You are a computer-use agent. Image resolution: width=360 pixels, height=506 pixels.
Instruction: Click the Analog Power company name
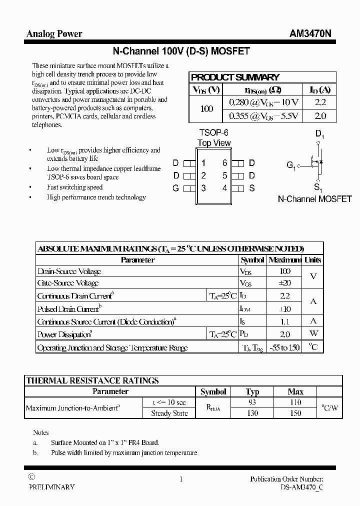(x=54, y=34)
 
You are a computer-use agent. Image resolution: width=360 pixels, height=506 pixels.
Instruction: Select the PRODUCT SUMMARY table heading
(x=235, y=77)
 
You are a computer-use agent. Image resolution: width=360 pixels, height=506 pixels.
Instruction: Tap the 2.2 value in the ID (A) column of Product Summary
(x=320, y=102)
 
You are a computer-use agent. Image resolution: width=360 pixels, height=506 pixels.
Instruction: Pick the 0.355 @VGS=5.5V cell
(x=263, y=116)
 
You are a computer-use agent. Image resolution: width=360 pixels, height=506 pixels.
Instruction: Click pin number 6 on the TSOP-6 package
(x=225, y=162)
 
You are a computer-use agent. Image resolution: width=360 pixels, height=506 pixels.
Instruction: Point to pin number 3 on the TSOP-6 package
(x=203, y=188)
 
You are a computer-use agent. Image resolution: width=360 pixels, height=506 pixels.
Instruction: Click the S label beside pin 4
(x=252, y=188)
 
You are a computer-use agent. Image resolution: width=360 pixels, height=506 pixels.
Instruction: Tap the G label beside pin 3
(x=175, y=188)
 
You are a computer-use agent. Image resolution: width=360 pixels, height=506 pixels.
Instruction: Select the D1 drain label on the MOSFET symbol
(x=320, y=134)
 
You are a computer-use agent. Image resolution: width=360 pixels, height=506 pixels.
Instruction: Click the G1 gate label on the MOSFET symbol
(x=291, y=165)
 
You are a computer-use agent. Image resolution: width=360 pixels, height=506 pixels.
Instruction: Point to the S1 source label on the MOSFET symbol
(x=318, y=188)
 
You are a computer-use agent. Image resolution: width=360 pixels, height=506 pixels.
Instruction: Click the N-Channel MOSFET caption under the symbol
(x=314, y=199)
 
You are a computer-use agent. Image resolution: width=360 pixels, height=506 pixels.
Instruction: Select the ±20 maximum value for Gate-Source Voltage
(x=284, y=283)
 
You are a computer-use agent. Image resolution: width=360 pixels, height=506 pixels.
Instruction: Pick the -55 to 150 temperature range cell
(x=284, y=347)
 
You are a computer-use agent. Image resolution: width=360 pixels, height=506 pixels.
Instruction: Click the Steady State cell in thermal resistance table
(x=169, y=413)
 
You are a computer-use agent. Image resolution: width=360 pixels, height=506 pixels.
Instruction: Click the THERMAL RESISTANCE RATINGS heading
(x=92, y=380)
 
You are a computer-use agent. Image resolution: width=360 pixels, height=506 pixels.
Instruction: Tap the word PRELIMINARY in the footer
(x=51, y=486)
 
